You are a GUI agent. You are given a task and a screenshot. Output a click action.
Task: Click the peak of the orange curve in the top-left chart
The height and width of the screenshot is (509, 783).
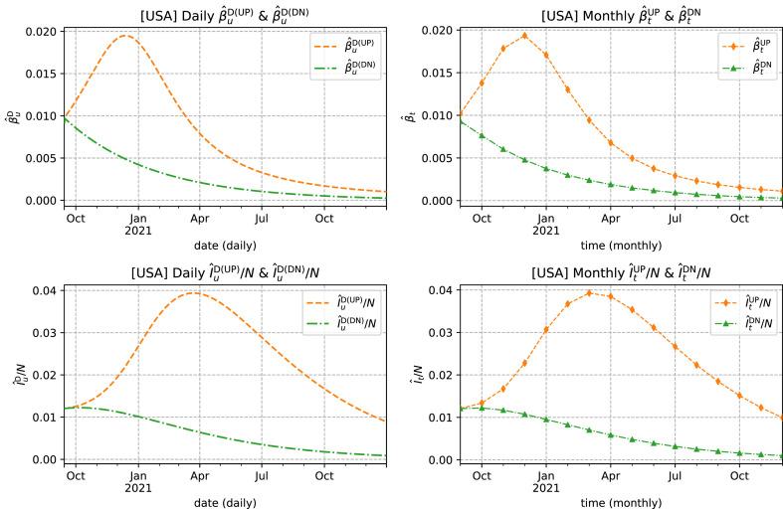point(125,36)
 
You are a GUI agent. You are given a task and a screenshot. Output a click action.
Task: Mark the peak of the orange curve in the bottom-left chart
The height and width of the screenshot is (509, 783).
point(195,292)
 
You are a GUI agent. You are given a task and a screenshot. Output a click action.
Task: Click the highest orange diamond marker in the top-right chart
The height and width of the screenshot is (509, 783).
point(524,36)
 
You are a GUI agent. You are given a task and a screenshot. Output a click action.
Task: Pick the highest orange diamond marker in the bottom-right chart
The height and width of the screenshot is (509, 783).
point(589,292)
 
